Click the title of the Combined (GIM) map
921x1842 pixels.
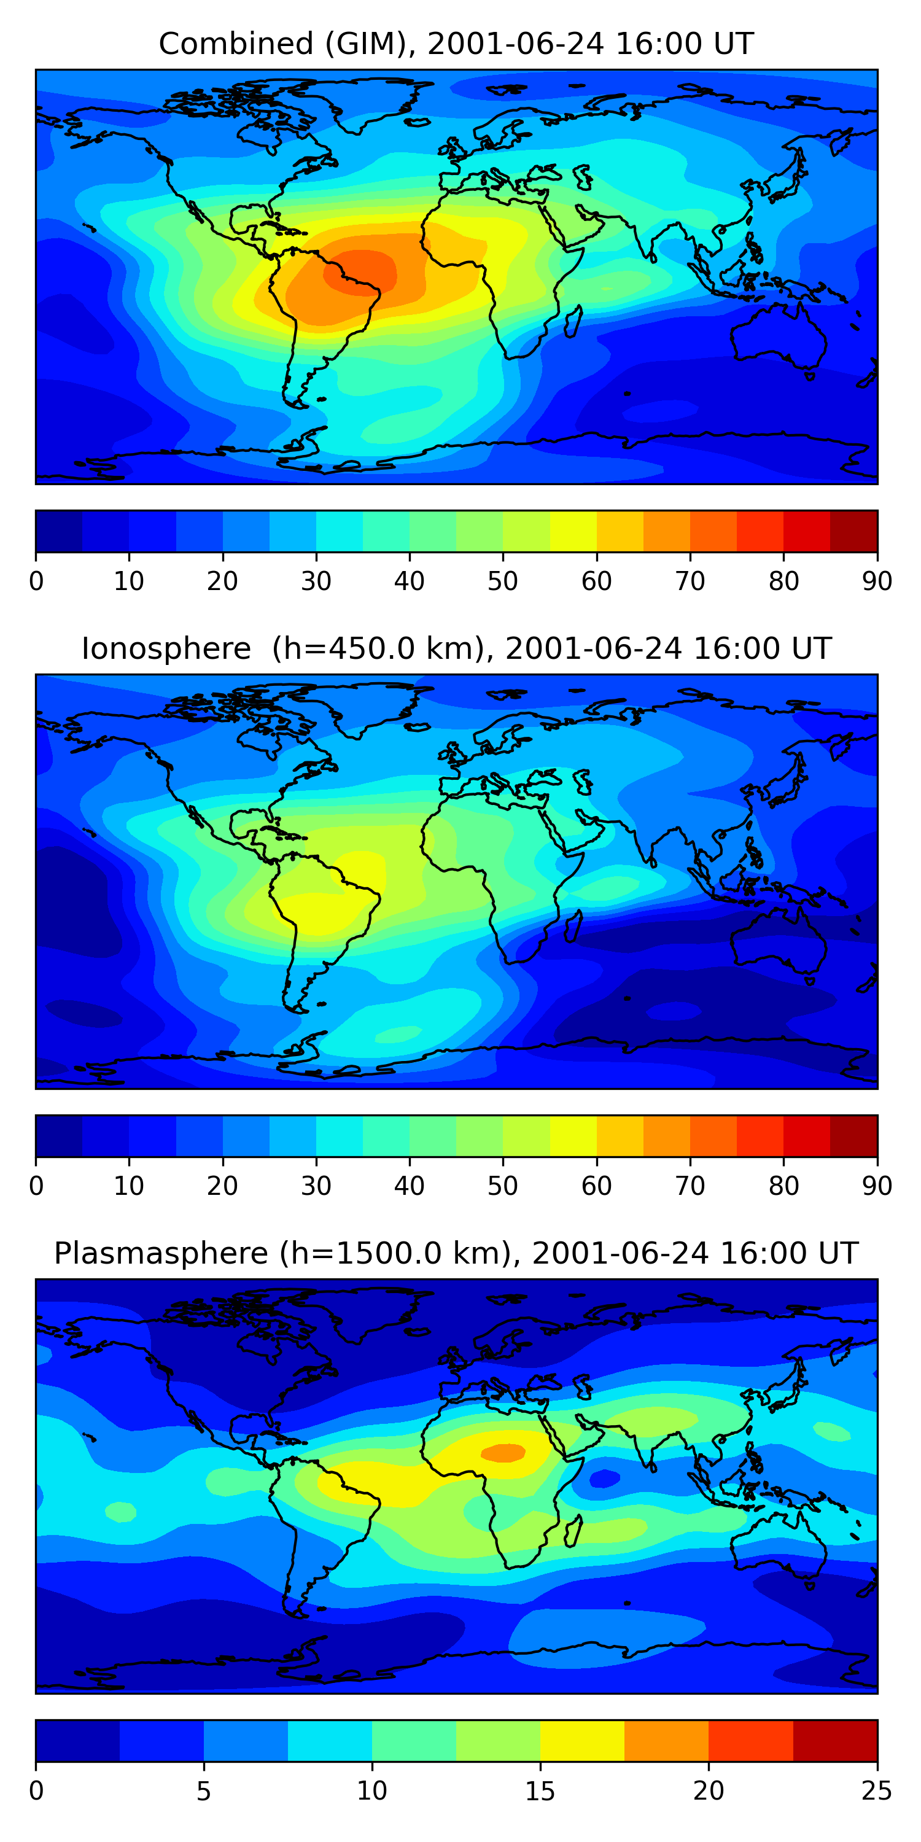click(x=456, y=44)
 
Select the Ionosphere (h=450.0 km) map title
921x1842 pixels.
click(x=456, y=648)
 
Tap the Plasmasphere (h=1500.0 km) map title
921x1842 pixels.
click(x=456, y=1254)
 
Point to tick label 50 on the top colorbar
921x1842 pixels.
click(x=503, y=581)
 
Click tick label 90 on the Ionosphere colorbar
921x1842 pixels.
click(x=877, y=1186)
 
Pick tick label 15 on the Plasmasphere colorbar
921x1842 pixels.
click(x=540, y=1791)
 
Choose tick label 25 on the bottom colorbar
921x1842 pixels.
click(x=877, y=1791)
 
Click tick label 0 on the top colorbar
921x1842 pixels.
click(x=36, y=581)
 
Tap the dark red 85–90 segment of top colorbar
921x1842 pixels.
click(x=854, y=531)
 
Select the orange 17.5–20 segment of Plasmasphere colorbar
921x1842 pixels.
click(x=666, y=1741)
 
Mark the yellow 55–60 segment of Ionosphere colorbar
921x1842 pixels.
click(x=573, y=1137)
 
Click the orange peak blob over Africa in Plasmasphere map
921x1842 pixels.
click(x=503, y=1452)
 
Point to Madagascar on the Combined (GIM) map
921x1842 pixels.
click(x=573, y=322)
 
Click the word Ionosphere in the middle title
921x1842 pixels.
click(x=166, y=648)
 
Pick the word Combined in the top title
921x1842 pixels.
click(x=236, y=44)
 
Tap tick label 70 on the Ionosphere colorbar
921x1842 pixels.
click(x=690, y=1186)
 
